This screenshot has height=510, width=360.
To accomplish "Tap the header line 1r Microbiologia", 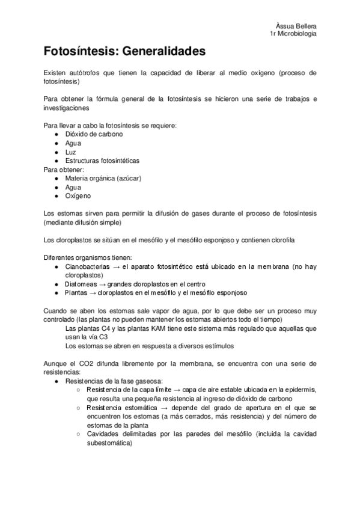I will [x=294, y=34].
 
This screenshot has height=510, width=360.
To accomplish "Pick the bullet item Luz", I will [x=71, y=152].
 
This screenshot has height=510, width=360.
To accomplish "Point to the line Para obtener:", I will [x=64, y=169].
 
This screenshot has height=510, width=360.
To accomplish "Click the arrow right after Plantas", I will [x=93, y=292].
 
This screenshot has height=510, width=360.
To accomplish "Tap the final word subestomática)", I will [x=109, y=443].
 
